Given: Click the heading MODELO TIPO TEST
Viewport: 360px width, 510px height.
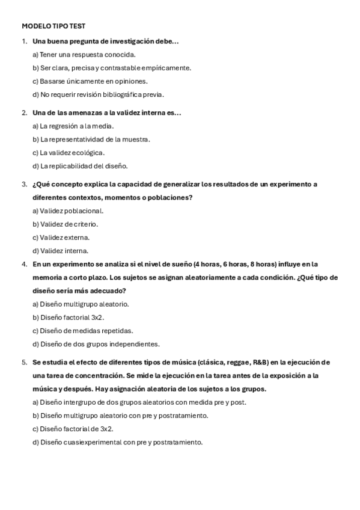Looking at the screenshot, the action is click(x=53, y=26).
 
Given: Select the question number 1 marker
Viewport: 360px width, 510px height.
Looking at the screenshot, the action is click(x=24, y=41).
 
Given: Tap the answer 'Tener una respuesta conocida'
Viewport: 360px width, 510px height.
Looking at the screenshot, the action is click(x=84, y=55).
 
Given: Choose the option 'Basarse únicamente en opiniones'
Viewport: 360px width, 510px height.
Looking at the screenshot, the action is click(x=90, y=81).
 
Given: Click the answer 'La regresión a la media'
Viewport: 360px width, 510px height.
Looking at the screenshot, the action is click(x=73, y=126).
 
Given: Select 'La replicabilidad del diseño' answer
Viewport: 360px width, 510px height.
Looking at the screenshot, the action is click(x=80, y=166).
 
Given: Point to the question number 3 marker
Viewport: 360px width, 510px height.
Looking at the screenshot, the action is click(x=24, y=184).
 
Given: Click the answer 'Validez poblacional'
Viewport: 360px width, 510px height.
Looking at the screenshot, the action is click(x=68, y=210).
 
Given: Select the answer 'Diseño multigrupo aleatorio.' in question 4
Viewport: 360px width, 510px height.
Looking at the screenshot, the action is click(x=80, y=304).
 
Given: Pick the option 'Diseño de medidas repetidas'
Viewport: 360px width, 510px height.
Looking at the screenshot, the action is click(x=83, y=330).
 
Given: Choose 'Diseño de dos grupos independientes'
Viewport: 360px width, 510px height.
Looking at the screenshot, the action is click(x=96, y=344).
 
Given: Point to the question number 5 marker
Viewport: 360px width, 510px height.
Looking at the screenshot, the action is click(x=24, y=362).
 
